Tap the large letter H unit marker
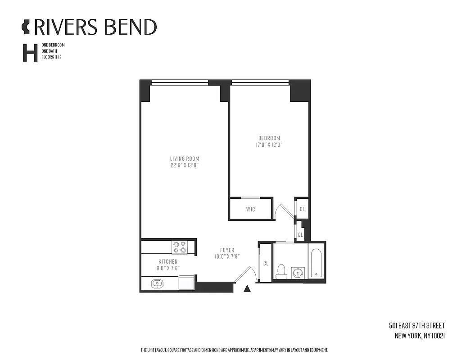point(30,52)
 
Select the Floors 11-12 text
point(51,58)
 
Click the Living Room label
point(184,158)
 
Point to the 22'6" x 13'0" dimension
point(184,165)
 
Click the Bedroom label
point(269,138)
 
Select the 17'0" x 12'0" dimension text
point(269,144)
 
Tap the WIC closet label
point(251,209)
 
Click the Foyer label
point(227,250)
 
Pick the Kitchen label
point(167,261)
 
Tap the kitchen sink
point(157,283)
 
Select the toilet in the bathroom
point(281,271)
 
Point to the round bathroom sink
point(297,273)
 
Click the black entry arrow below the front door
point(246,289)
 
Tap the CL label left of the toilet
point(266,263)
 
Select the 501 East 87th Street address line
point(416,325)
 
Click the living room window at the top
point(180,82)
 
